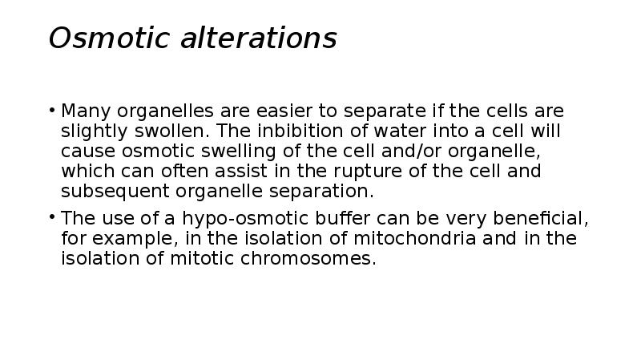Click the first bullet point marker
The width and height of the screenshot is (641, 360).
pos(53,110)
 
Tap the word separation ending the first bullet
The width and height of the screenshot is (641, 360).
pos(329,192)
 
